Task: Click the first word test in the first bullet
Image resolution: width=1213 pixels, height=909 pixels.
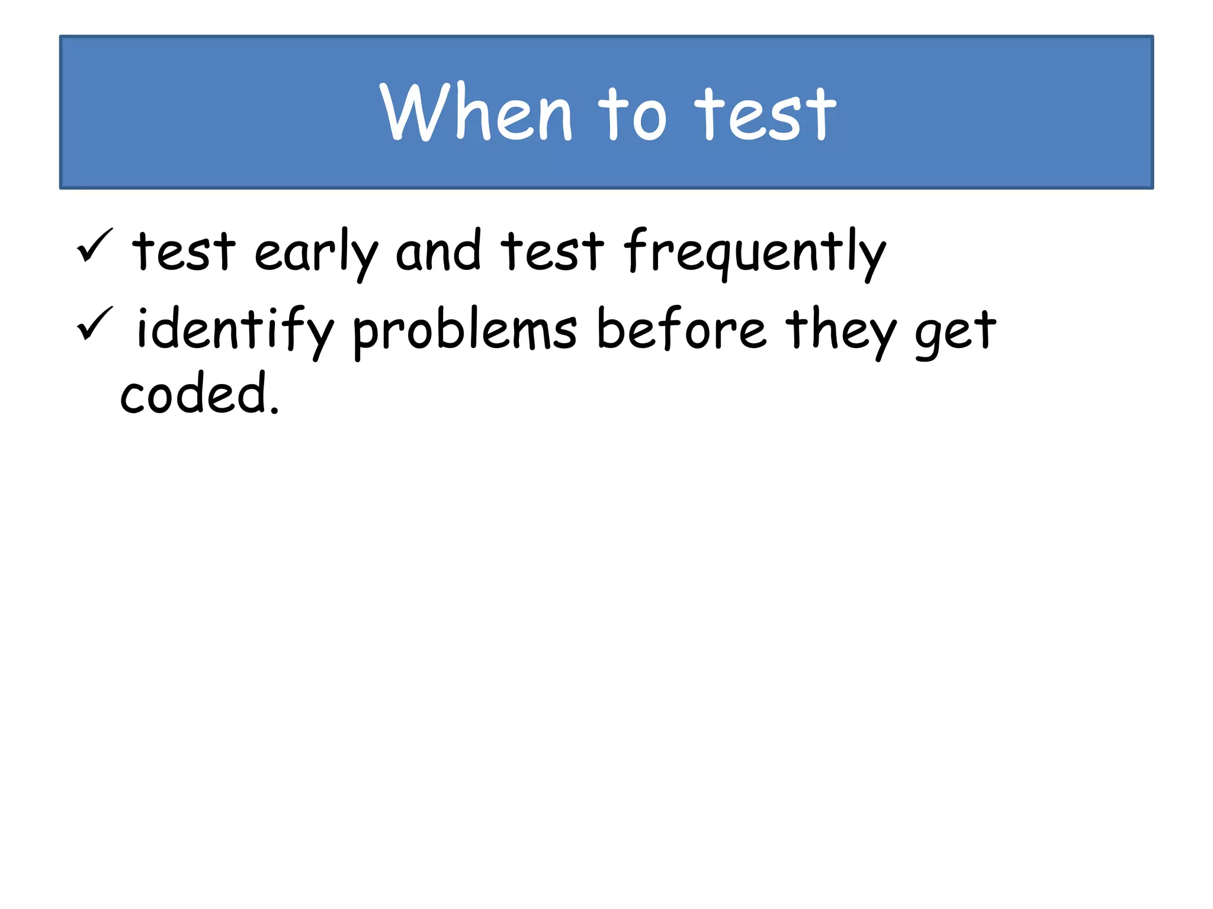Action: click(x=184, y=251)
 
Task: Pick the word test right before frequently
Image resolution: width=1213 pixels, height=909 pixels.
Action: click(x=552, y=251)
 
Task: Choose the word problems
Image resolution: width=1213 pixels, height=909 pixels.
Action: click(x=464, y=331)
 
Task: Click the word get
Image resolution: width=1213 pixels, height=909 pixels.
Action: click(x=955, y=333)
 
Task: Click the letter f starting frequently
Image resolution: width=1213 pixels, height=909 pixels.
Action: click(x=636, y=250)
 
